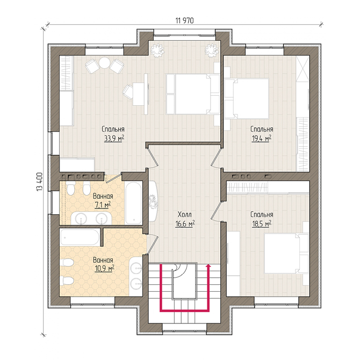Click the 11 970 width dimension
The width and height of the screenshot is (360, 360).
pyautogui.click(x=185, y=20)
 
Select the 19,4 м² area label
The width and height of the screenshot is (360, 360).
pyautogui.click(x=262, y=139)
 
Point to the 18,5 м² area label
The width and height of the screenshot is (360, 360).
pyautogui.click(x=262, y=224)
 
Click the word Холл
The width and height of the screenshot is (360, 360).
pyautogui.click(x=185, y=215)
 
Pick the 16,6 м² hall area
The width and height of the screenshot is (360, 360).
pyautogui.click(x=185, y=224)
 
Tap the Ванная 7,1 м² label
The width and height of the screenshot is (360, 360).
pyautogui.click(x=103, y=200)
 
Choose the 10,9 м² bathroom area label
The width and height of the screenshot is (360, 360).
pyautogui.click(x=104, y=268)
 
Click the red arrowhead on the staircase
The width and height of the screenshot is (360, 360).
pyautogui.click(x=208, y=266)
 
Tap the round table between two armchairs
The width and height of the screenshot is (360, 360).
pyautogui.click(x=105, y=63)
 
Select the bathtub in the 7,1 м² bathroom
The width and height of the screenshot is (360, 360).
pyautogui.click(x=134, y=203)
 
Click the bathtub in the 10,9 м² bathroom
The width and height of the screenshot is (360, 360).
pyautogui.click(x=80, y=237)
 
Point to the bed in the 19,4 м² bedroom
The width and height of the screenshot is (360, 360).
pyautogui.click(x=247, y=98)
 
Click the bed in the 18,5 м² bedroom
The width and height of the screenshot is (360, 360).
pyautogui.click(x=286, y=254)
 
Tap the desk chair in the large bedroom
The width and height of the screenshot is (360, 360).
pyautogui.click(x=128, y=91)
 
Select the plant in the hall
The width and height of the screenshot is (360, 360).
pyautogui.click(x=153, y=201)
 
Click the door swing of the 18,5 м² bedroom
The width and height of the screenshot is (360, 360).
pyautogui.click(x=217, y=210)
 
